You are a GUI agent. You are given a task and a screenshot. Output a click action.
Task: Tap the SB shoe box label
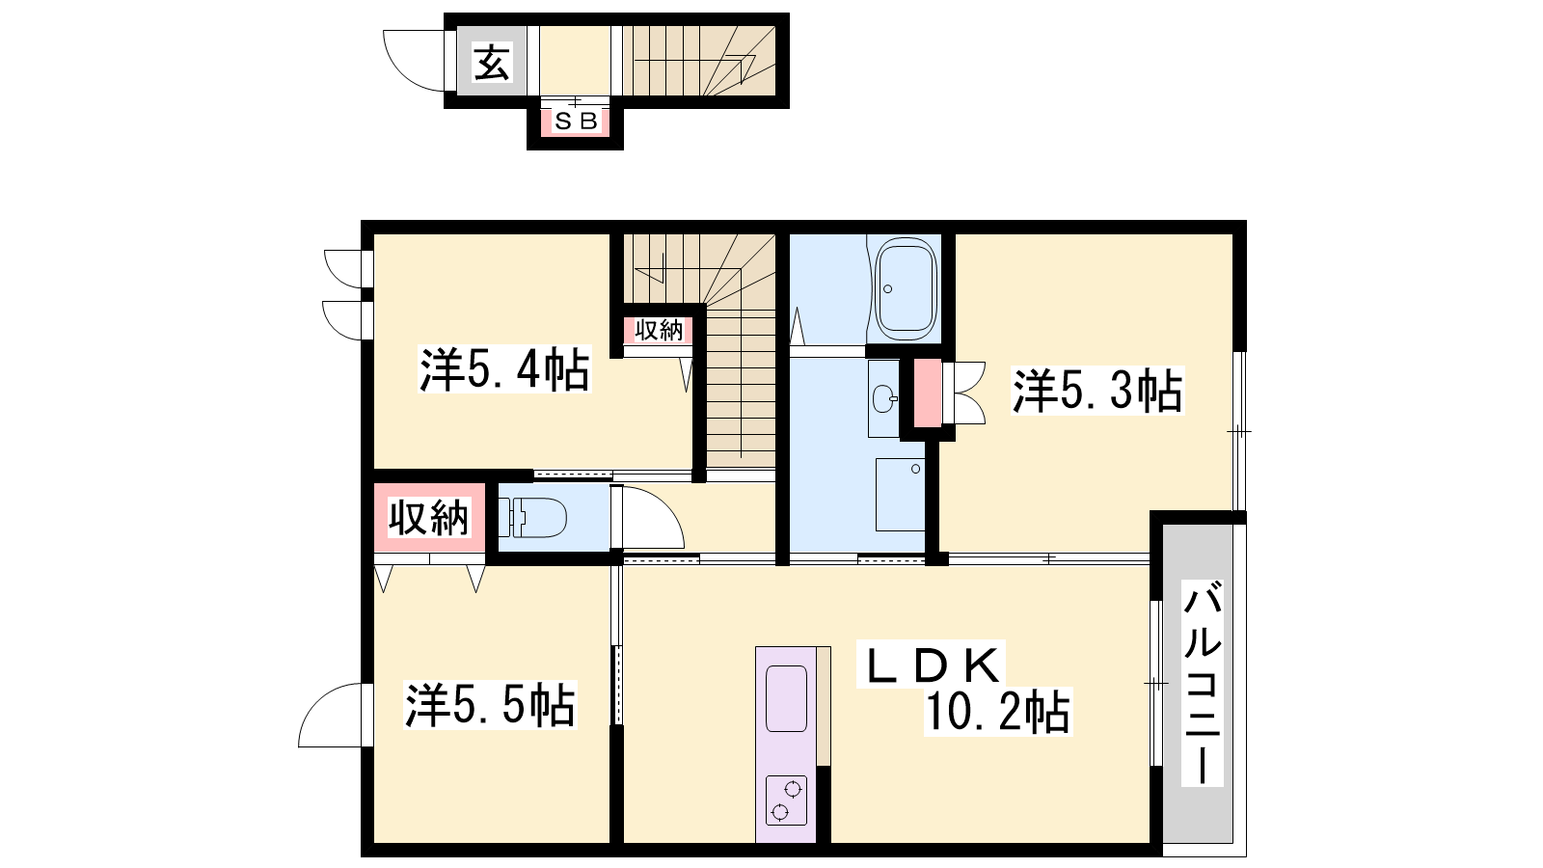pyautogui.click(x=575, y=122)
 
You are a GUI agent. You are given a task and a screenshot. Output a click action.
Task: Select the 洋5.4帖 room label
pyautogui.click(x=504, y=370)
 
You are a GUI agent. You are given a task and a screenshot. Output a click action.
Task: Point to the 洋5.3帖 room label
pyautogui.click(x=1097, y=391)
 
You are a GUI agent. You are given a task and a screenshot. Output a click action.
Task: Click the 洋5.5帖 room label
pyautogui.click(x=490, y=705)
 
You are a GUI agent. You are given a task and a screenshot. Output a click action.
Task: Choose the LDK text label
pyautogui.click(x=931, y=665)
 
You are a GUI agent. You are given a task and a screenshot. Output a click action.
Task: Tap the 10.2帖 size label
pyautogui.click(x=997, y=712)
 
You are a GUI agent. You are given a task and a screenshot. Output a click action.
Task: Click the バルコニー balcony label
pyautogui.click(x=1202, y=683)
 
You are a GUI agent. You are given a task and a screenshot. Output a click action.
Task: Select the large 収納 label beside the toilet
pyautogui.click(x=428, y=518)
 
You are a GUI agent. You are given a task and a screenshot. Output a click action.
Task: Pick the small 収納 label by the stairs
pyautogui.click(x=659, y=331)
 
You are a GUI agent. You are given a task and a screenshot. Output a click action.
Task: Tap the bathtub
pyautogui.click(x=906, y=289)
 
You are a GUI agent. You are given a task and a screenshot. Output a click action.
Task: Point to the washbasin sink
pyautogui.click(x=883, y=398)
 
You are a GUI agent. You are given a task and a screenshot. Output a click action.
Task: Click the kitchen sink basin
pyautogui.click(x=786, y=698)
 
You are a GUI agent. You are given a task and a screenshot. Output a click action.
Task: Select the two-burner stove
pyautogui.click(x=786, y=800)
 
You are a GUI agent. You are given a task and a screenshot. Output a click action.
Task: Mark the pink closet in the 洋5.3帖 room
pyautogui.click(x=927, y=393)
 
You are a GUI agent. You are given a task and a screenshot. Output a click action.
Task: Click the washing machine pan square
pyautogui.click(x=900, y=495)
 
